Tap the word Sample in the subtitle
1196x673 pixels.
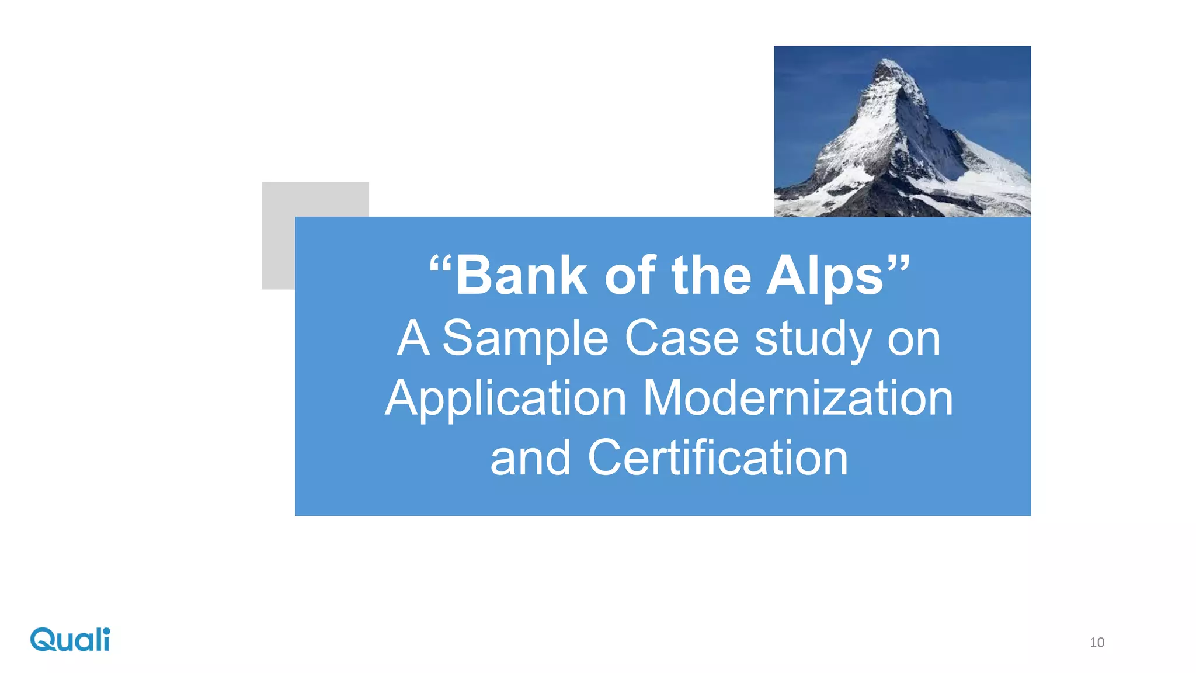pyautogui.click(x=526, y=339)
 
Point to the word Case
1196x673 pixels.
pyautogui.click(x=682, y=338)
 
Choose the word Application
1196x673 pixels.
pyautogui.click(x=506, y=398)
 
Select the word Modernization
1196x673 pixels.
pyautogui.click(x=798, y=398)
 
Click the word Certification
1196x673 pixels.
pyautogui.click(x=718, y=458)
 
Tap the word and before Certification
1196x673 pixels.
pyautogui.click(x=530, y=459)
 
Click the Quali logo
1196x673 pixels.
pyautogui.click(x=70, y=640)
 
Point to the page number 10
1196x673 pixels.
pyautogui.click(x=1097, y=643)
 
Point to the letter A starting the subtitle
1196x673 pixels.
pyautogui.click(x=413, y=338)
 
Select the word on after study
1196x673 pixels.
pyautogui.click(x=914, y=339)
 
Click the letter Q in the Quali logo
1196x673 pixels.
pyautogui.click(x=43, y=640)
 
